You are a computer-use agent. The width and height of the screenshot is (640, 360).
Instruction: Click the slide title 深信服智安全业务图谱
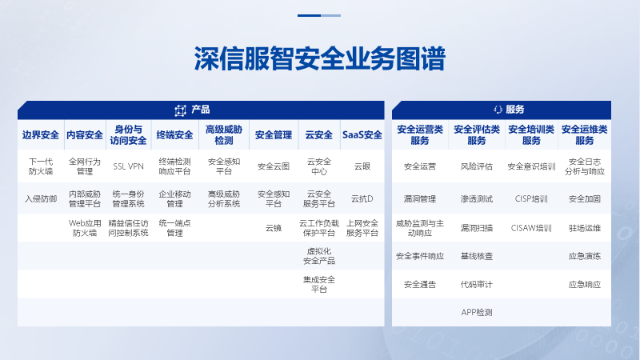click(319, 58)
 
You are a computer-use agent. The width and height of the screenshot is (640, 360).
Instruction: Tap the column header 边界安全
click(41, 134)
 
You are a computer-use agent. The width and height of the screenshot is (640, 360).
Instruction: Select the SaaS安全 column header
click(362, 134)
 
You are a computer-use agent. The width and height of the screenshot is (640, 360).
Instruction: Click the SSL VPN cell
click(128, 166)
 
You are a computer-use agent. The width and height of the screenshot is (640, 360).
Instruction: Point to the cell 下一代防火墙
click(41, 166)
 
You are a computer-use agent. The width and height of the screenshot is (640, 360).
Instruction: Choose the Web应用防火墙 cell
click(85, 228)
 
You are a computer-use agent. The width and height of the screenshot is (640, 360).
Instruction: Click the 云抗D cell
click(362, 198)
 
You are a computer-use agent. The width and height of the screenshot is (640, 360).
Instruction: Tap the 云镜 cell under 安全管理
click(274, 228)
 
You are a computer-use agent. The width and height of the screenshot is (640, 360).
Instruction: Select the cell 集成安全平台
click(318, 285)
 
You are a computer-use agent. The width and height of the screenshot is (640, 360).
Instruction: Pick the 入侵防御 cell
click(41, 198)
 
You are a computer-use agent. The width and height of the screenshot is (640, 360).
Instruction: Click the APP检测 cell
click(476, 313)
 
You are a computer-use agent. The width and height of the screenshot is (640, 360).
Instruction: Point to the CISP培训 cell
click(531, 198)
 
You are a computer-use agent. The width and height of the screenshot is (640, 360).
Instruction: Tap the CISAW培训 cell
click(531, 228)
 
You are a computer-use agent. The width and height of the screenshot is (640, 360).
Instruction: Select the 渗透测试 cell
click(476, 198)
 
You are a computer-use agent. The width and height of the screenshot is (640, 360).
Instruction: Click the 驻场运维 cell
click(585, 228)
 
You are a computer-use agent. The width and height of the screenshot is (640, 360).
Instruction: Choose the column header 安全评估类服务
click(476, 134)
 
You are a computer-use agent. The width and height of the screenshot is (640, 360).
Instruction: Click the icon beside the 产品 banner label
click(180, 110)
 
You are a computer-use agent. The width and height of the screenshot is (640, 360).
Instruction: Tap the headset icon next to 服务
click(498, 110)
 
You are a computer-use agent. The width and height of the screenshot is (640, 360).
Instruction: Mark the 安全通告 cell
click(419, 285)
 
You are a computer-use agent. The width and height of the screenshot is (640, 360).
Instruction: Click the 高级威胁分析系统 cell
click(224, 198)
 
